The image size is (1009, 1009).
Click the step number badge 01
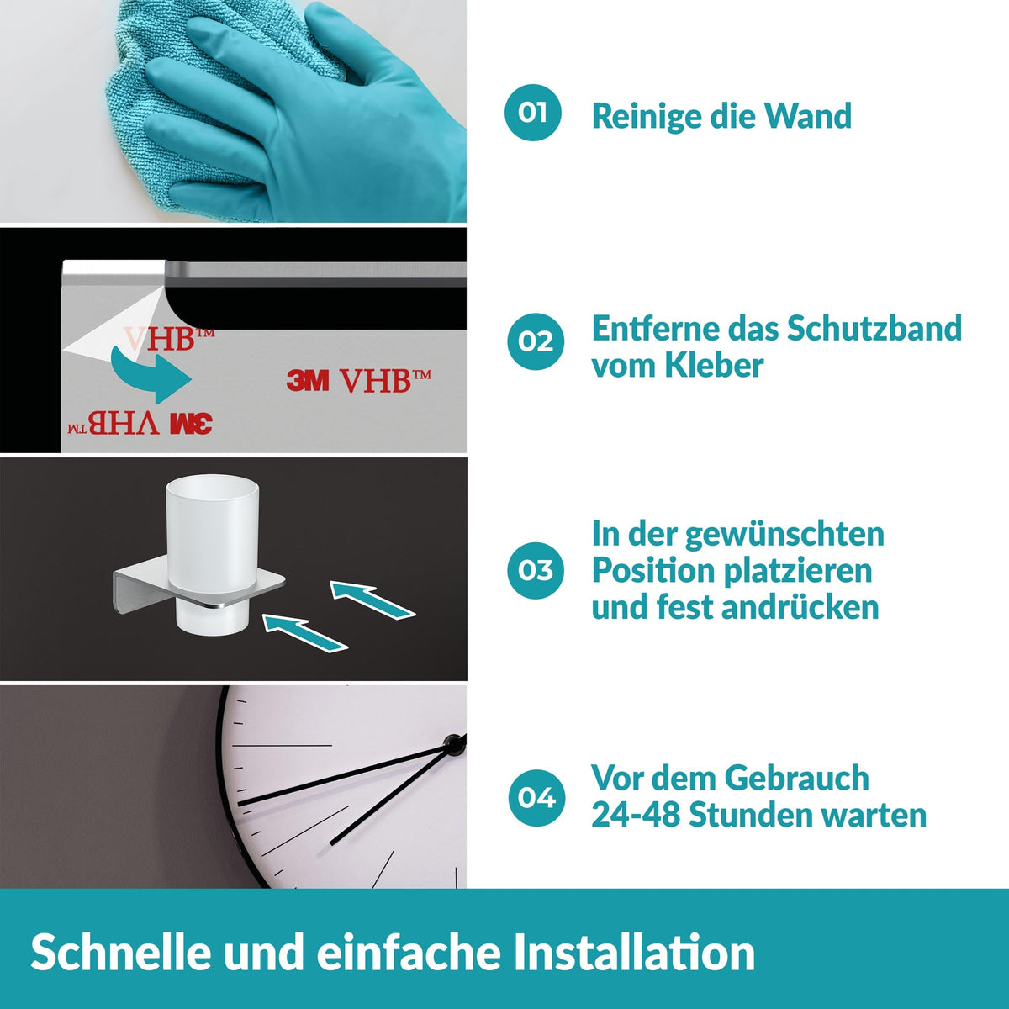coord(532,113)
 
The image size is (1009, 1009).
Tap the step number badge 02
coord(536,341)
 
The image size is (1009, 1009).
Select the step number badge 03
coord(536,570)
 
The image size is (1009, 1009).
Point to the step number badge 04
coord(536,798)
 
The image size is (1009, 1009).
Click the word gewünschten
coord(784,535)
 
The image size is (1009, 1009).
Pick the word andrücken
coord(797,607)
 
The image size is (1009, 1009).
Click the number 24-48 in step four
coord(636,816)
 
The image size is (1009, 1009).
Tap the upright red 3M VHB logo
coord(359,381)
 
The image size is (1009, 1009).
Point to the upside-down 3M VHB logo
coord(140,423)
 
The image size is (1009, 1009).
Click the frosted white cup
coord(212,556)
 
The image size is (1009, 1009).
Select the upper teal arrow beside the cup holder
coord(372,600)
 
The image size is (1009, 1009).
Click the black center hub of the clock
coord(454,742)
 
